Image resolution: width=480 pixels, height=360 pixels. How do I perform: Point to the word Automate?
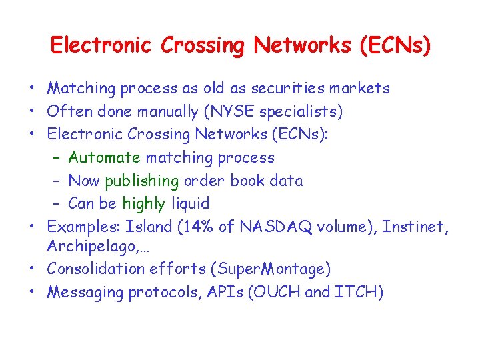coord(105,158)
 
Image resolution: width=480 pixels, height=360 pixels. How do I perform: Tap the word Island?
coord(151,227)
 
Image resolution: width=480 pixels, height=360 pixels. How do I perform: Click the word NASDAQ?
coord(274,227)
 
